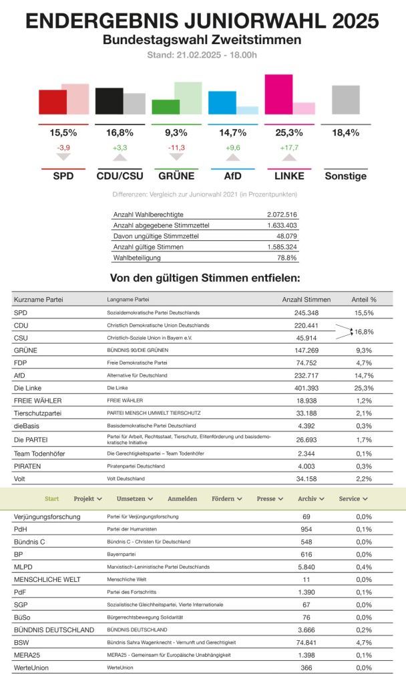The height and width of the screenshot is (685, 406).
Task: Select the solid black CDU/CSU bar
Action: click(109, 101)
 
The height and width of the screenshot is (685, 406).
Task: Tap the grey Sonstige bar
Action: click(345, 100)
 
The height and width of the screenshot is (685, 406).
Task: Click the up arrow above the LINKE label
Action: click(288, 157)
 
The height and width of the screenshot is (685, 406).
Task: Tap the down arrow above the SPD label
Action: click(63, 157)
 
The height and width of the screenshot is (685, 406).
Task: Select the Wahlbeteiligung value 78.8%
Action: click(286, 257)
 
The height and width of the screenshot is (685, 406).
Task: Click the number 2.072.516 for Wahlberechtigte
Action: click(281, 214)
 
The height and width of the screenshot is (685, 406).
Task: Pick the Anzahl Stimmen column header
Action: click(307, 299)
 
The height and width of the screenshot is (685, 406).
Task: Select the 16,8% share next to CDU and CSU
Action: click(363, 331)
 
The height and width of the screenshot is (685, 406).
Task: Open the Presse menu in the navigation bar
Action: click(270, 498)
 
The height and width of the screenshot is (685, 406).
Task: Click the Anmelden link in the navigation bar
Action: click(182, 498)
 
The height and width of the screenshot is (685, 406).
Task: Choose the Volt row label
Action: click(20, 479)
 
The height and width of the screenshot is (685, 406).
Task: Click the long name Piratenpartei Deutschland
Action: click(136, 466)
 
